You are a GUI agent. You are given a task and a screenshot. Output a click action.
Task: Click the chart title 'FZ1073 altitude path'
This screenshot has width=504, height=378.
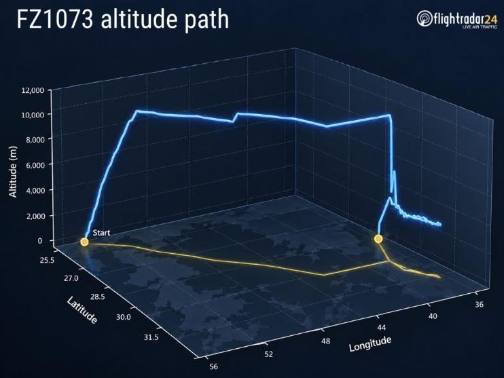click(122, 20)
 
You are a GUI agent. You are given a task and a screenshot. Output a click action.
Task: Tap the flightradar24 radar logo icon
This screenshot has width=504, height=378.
click(425, 18)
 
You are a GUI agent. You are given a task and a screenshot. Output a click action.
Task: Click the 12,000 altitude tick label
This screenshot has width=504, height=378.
click(33, 90)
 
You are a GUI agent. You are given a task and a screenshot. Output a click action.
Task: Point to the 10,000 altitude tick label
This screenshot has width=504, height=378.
click(33, 115)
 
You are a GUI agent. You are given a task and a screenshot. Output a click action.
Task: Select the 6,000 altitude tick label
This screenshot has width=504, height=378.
click(34, 165)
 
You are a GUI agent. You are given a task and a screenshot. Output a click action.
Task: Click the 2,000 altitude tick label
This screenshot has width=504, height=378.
click(34, 216)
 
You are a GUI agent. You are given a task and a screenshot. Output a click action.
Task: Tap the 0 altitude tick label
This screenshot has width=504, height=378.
click(40, 240)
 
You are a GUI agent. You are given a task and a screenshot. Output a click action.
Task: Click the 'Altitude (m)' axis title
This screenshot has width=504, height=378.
click(13, 172)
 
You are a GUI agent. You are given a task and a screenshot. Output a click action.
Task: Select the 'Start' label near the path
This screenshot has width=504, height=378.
click(101, 233)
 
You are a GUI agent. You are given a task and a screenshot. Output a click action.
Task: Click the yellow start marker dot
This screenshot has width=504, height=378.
click(84, 242)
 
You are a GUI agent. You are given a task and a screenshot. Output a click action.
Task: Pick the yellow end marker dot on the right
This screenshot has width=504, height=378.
click(378, 239)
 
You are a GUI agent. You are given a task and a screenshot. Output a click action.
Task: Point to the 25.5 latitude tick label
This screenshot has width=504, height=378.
click(47, 260)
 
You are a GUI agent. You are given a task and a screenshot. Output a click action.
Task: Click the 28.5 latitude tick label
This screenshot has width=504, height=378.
click(97, 297)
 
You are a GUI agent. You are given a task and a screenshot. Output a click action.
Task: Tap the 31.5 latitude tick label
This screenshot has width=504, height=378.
click(151, 337)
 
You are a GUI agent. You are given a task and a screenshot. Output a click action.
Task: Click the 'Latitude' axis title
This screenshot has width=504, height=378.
click(82, 310)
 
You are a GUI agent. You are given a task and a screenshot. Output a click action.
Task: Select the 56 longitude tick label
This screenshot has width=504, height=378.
click(213, 366)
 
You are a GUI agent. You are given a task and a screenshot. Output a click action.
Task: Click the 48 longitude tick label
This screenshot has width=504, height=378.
click(325, 341)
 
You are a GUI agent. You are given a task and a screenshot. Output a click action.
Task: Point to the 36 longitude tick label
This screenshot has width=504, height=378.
click(479, 304)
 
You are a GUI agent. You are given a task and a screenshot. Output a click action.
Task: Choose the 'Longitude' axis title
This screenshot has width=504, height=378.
click(370, 344)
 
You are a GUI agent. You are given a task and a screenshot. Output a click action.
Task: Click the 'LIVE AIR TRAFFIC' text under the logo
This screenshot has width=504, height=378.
click(480, 27)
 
